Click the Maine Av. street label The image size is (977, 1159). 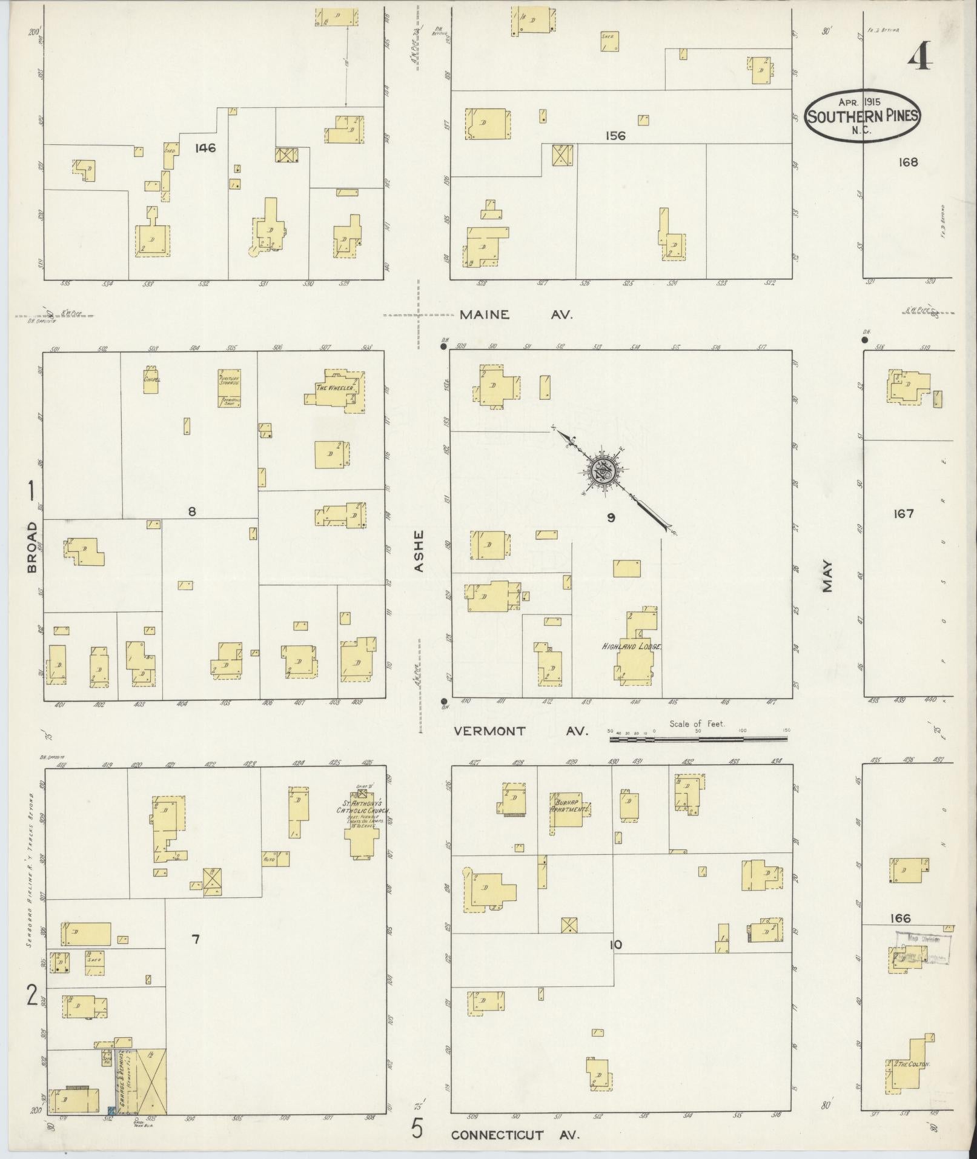coord(515,315)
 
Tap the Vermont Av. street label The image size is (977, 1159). coord(521,731)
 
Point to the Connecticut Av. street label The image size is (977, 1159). coord(515,1135)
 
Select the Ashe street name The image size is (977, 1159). coord(419,551)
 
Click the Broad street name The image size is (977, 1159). coord(31,546)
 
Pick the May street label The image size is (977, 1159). coord(827,576)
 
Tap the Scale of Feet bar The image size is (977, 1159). coord(699,739)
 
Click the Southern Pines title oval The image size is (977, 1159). coord(861,116)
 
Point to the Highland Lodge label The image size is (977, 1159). coord(631,647)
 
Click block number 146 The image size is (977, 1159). coord(206,148)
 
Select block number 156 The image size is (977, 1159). coord(615,136)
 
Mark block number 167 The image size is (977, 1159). coord(903,514)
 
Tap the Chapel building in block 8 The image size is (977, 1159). coord(151,380)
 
